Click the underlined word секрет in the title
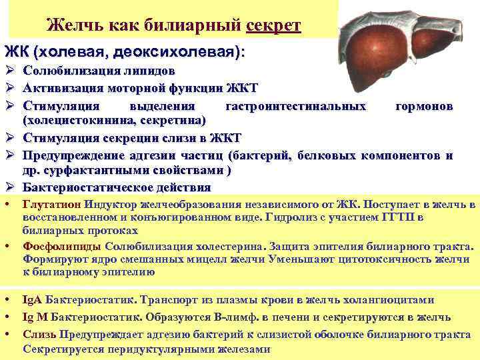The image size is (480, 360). (x=273, y=26)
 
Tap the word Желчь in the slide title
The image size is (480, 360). (x=69, y=26)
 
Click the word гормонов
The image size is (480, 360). (x=424, y=106)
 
